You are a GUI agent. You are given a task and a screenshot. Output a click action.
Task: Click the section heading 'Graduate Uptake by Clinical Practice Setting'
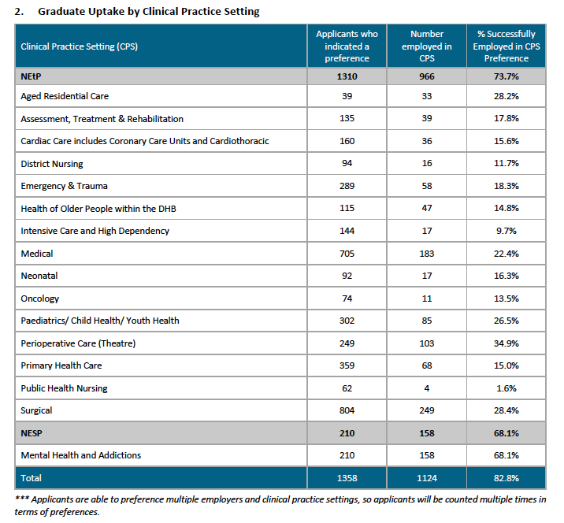click(x=149, y=12)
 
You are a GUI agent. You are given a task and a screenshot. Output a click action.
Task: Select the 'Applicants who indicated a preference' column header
click(x=347, y=46)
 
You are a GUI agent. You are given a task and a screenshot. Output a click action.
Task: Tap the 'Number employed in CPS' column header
click(x=427, y=46)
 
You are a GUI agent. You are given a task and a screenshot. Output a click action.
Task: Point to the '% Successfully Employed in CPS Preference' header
click(x=506, y=46)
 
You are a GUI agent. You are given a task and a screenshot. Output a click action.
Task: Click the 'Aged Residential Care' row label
click(x=65, y=96)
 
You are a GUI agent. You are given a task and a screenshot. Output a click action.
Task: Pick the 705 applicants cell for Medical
click(x=347, y=254)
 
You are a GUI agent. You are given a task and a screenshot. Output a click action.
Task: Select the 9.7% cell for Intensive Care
click(x=506, y=231)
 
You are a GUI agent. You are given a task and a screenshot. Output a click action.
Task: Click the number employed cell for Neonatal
click(x=427, y=276)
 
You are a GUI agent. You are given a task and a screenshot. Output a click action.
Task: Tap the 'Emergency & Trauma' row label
click(x=64, y=186)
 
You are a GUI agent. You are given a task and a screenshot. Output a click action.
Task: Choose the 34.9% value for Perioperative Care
click(x=506, y=343)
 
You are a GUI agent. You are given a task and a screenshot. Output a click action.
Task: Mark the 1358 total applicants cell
click(x=347, y=478)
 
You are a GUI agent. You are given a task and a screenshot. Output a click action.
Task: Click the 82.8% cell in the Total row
click(x=506, y=478)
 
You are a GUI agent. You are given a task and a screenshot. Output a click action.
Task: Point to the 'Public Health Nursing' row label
click(x=64, y=388)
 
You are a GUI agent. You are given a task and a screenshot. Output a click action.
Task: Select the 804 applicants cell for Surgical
click(x=347, y=410)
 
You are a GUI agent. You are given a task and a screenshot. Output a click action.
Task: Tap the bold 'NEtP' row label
click(x=31, y=76)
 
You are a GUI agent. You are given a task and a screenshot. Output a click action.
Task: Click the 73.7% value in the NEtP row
click(x=506, y=76)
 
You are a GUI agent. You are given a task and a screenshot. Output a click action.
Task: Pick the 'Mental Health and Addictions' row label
click(x=81, y=455)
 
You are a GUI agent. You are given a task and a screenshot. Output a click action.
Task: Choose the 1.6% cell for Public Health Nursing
click(x=506, y=388)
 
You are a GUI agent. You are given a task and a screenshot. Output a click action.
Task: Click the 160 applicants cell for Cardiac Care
click(x=347, y=141)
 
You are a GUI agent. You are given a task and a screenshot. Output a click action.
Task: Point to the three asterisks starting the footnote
click(x=21, y=498)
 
